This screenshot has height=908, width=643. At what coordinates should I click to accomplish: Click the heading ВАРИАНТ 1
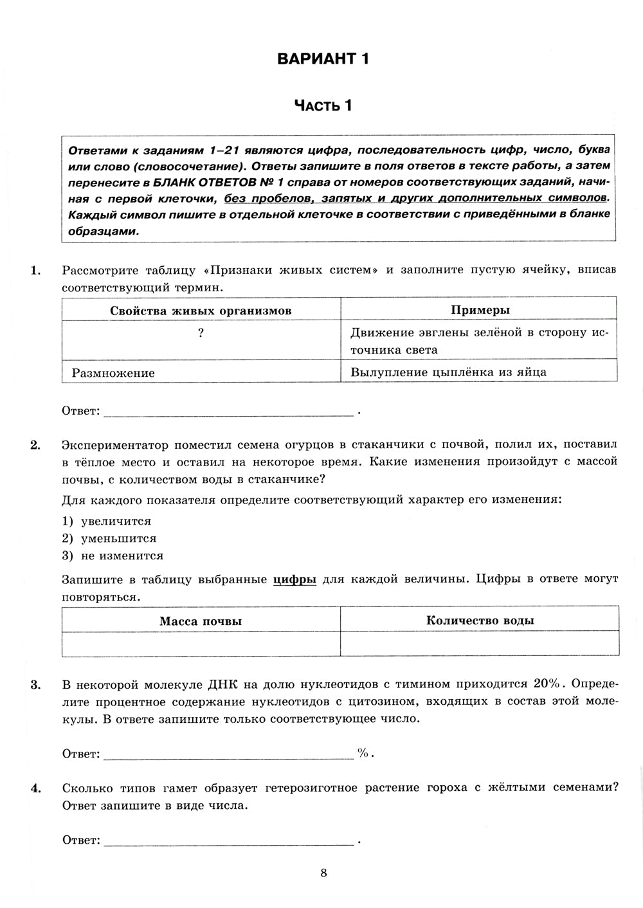(323, 59)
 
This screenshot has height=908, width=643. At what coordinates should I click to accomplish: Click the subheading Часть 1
(323, 105)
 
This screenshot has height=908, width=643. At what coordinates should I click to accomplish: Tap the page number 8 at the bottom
(323, 873)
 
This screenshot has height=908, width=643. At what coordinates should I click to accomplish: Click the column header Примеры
(480, 310)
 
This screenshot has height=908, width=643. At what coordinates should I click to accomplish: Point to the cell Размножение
(113, 372)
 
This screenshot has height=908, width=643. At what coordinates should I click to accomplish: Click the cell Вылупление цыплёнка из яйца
(448, 372)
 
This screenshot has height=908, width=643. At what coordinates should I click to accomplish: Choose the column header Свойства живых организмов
(201, 311)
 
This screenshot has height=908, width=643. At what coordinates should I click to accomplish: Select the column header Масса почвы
(201, 621)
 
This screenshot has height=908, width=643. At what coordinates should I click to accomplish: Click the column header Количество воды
(480, 621)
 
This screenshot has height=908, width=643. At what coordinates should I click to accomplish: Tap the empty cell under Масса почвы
(201, 644)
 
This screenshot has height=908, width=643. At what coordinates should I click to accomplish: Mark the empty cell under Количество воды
(480, 644)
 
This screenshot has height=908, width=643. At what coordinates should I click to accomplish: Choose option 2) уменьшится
(109, 538)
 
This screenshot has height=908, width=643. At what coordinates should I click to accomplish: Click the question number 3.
(35, 684)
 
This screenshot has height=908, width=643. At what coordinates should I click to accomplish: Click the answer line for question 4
(228, 840)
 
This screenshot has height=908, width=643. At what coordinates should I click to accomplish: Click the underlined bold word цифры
(294, 579)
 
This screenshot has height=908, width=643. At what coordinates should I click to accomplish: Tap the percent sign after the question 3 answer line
(363, 753)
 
